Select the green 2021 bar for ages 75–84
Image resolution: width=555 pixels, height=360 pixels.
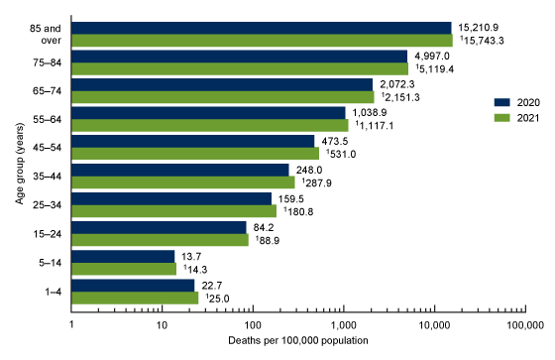(239, 68)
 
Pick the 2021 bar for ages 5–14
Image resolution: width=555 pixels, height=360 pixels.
(124, 268)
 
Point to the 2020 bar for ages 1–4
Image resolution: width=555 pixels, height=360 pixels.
(135, 285)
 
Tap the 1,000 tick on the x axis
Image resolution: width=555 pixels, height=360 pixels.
(343, 324)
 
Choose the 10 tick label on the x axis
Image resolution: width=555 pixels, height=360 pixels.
(162, 324)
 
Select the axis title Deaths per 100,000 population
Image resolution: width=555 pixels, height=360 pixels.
(297, 341)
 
